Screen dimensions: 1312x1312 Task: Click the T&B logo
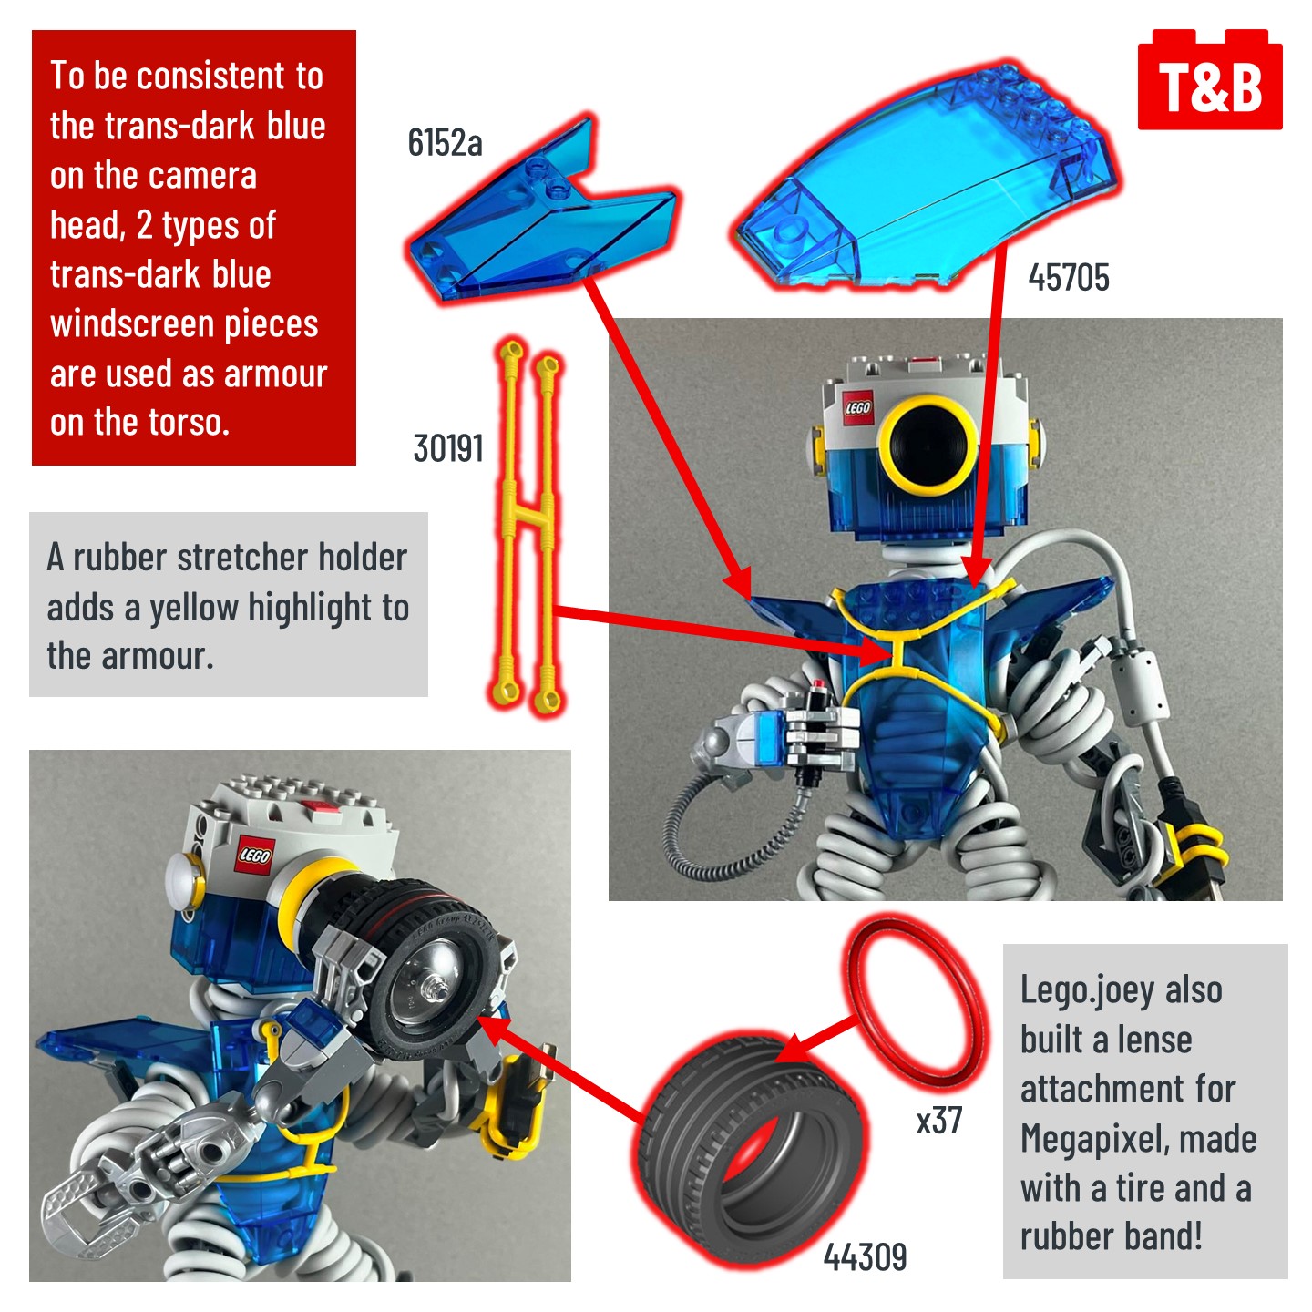[1210, 84]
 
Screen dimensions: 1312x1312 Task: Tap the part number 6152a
[445, 143]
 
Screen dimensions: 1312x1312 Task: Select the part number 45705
[1068, 278]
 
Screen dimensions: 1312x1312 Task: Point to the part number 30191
[447, 448]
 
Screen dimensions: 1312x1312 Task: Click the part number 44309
[865, 1257]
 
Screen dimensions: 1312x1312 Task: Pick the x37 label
[938, 1120]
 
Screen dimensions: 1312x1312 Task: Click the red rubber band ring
[916, 999]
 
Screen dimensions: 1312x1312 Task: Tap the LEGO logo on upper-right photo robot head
[857, 406]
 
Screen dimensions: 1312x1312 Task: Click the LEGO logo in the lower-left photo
[254, 855]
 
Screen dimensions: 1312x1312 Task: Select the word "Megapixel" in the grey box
[1138, 1138]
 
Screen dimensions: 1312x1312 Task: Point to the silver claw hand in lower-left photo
[100, 1203]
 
